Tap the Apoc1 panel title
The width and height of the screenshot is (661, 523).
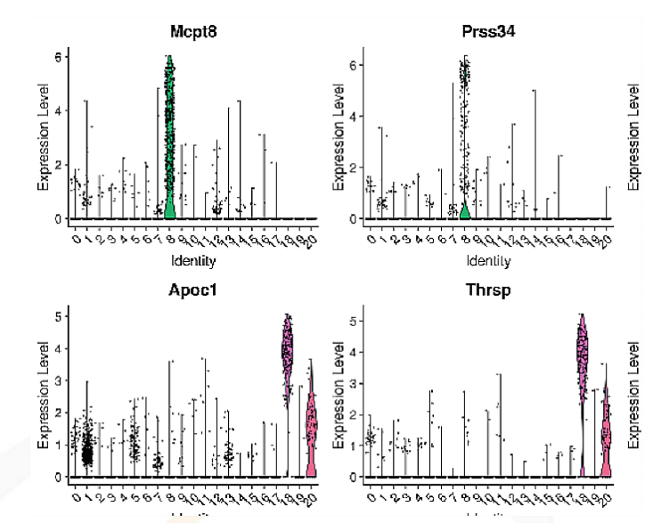coord(193,290)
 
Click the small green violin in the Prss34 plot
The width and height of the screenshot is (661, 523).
coord(464,211)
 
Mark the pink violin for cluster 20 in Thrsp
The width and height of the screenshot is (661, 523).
coord(606,437)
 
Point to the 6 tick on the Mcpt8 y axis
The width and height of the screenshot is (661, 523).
coord(58,56)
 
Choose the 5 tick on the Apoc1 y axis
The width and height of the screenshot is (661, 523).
coord(58,315)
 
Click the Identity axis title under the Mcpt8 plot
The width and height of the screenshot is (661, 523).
coord(193,261)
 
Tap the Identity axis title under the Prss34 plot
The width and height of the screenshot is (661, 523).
coord(488,261)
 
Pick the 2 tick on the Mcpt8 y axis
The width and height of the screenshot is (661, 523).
coord(58,165)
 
